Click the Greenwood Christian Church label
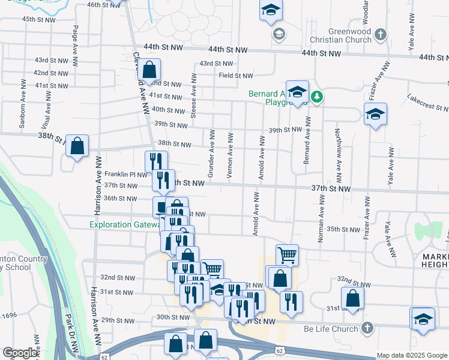pos(342,35)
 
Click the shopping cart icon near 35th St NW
pos(287,254)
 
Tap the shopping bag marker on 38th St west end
pos(77,146)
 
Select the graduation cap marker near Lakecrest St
pos(375,114)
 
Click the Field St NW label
pos(236,76)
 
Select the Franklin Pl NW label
pos(125,174)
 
